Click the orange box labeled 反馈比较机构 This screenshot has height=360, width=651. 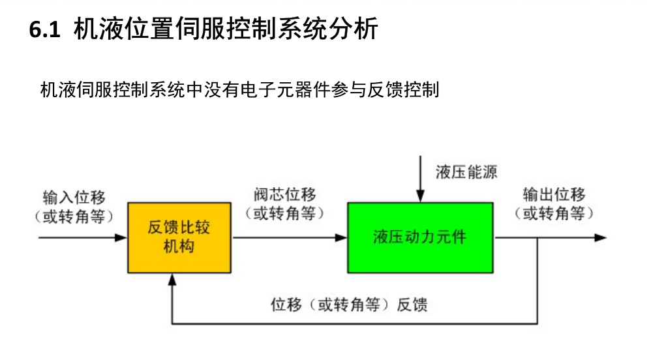pyautogui.click(x=179, y=237)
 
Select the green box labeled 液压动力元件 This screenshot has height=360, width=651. pyautogui.click(x=420, y=237)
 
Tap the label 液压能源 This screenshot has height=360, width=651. pyautogui.click(x=466, y=173)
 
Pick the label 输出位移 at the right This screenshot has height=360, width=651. pyautogui.click(x=554, y=195)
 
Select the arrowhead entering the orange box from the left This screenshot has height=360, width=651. pyautogui.click(x=121, y=237)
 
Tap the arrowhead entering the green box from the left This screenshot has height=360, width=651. pyautogui.click(x=342, y=237)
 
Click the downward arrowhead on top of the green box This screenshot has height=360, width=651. pyautogui.click(x=421, y=197)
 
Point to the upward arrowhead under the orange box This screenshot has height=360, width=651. pyautogui.click(x=172, y=278)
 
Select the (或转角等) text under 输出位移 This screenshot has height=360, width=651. pyautogui.click(x=554, y=213)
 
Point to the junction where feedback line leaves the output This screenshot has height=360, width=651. pyautogui.click(x=537, y=237)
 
